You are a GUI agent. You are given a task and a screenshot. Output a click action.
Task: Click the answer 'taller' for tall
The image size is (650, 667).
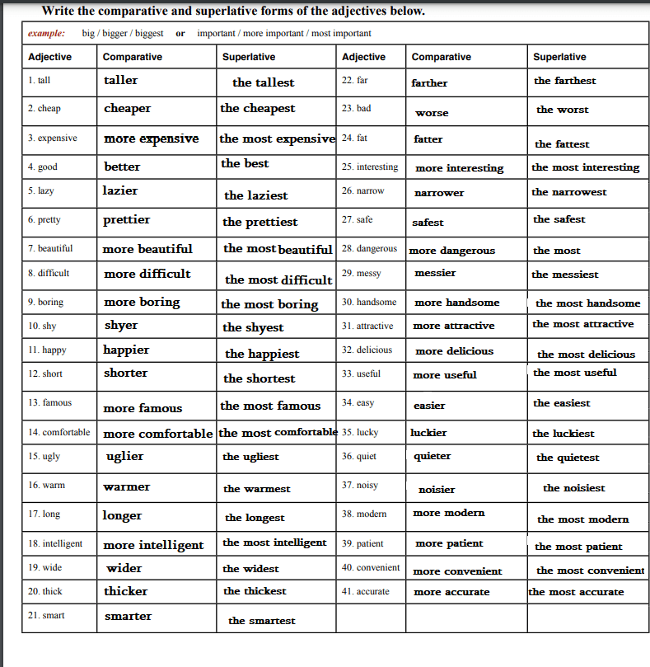click(x=121, y=81)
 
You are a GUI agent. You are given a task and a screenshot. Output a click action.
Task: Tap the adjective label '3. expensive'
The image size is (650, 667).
click(x=53, y=138)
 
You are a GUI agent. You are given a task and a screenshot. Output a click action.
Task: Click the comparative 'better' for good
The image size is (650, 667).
click(x=122, y=167)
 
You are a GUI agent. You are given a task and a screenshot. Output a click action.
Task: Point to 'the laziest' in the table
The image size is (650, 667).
click(x=256, y=195)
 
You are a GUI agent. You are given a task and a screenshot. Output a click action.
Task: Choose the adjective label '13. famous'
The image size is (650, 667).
click(x=49, y=402)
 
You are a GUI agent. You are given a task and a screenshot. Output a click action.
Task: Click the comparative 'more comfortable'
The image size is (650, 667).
click(x=158, y=434)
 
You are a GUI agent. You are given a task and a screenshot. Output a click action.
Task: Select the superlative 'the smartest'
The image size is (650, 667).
click(x=261, y=621)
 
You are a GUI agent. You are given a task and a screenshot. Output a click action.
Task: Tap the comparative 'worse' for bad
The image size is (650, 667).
click(x=432, y=113)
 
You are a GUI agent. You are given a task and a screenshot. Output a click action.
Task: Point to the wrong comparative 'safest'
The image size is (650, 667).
click(x=428, y=223)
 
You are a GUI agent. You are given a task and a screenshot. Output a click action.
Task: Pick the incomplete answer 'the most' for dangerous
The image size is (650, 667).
click(x=556, y=251)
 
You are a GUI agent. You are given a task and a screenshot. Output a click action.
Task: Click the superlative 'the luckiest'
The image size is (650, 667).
click(x=563, y=434)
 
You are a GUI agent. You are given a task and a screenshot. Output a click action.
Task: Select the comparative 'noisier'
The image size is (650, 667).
click(x=437, y=490)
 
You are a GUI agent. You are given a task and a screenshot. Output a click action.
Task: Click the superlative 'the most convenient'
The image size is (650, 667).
click(x=590, y=571)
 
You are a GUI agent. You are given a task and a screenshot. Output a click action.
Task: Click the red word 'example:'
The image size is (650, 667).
click(x=46, y=34)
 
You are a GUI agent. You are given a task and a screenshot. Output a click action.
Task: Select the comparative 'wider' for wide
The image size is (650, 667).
click(x=124, y=568)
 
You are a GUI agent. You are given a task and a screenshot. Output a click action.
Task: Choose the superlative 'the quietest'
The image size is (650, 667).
click(x=568, y=458)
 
